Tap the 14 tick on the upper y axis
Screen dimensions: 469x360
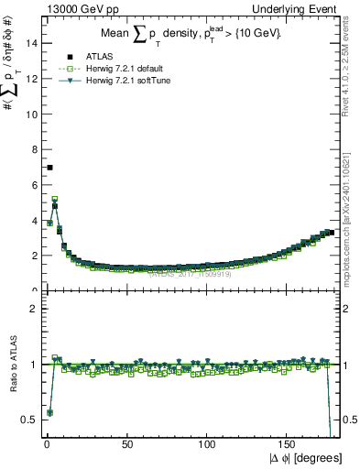[30, 43]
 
